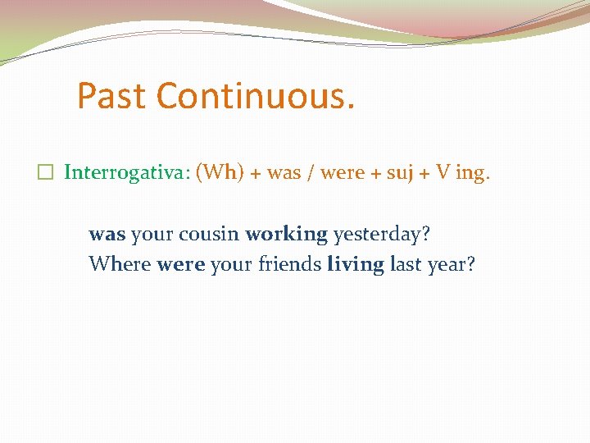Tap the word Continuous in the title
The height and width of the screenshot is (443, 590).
pos(256,96)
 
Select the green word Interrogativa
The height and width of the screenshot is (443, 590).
pos(126,172)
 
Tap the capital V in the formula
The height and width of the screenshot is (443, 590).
pos(442,172)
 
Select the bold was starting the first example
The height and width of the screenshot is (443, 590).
pos(107,235)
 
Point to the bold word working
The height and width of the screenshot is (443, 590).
pos(286,235)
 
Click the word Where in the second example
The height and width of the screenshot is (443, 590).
pos(120,265)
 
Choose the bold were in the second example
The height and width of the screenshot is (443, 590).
pos(179,265)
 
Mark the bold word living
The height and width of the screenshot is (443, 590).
pos(356,266)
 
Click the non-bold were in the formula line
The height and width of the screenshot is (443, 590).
pos(342,173)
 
